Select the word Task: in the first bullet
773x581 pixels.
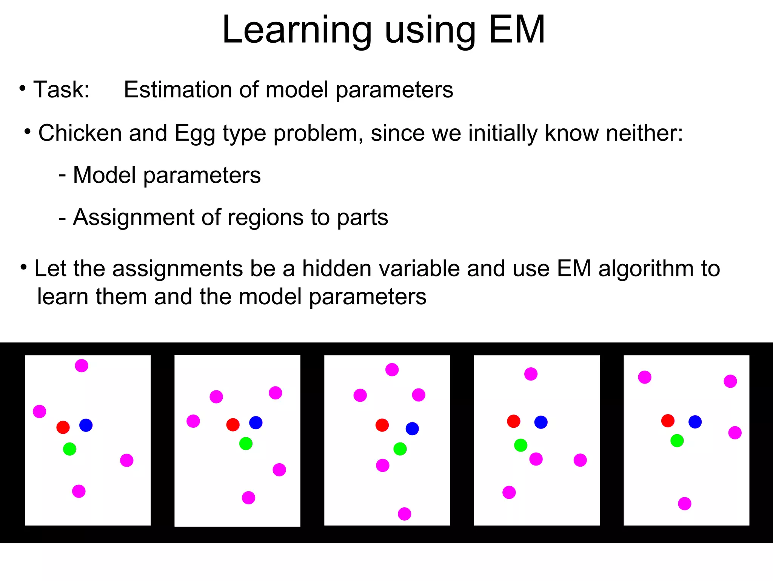[x=62, y=90]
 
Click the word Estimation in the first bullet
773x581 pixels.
[x=178, y=90]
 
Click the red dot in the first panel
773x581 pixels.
[x=63, y=427]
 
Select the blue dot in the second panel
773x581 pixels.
[x=256, y=422]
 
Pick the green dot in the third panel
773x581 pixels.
[x=400, y=449]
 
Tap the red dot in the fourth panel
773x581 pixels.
[x=514, y=421]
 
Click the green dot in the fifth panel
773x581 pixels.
[x=677, y=441]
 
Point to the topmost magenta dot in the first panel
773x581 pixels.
[x=82, y=365]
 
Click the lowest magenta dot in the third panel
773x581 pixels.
[x=404, y=514]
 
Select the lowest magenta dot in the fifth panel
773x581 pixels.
[x=685, y=504]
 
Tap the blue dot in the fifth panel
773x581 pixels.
[x=695, y=422]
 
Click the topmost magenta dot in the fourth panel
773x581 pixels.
[x=531, y=374]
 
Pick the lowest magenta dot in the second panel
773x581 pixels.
[x=248, y=498]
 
